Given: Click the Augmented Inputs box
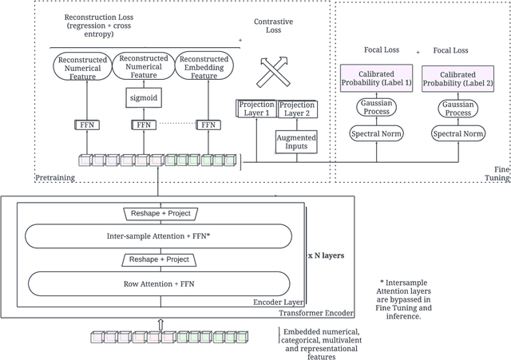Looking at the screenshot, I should tap(296, 142).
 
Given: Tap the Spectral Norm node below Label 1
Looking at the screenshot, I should tap(376, 134).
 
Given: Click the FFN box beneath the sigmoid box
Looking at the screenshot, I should tap(144, 125).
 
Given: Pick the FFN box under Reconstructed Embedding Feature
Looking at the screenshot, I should tap(208, 125).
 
